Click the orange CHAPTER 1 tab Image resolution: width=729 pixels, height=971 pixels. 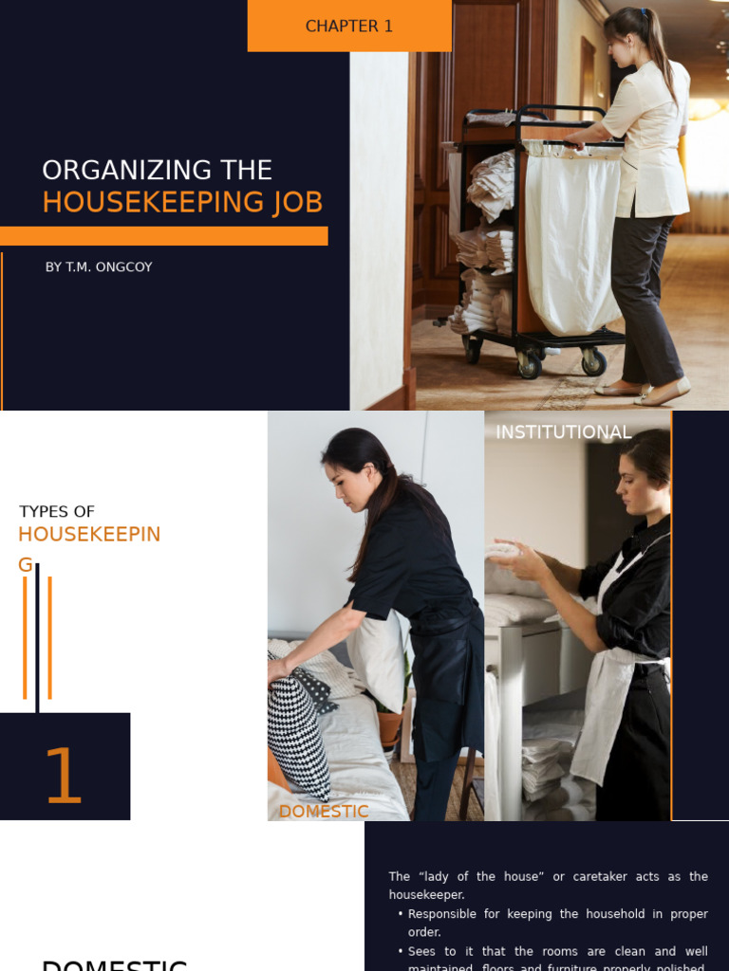(x=348, y=26)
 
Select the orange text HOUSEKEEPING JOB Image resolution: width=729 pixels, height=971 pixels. (x=182, y=202)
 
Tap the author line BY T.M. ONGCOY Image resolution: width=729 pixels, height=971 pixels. (x=99, y=267)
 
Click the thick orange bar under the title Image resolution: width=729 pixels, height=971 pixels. (x=163, y=236)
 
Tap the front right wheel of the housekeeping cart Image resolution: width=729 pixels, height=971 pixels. (x=593, y=362)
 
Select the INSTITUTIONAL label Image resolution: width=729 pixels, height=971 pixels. (x=563, y=432)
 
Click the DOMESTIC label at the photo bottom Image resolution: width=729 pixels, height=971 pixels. (x=324, y=812)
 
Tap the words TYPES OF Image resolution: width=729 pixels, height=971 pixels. (x=57, y=512)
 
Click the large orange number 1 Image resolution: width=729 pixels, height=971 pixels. (x=64, y=777)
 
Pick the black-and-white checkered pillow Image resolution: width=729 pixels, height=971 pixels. (x=298, y=730)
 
